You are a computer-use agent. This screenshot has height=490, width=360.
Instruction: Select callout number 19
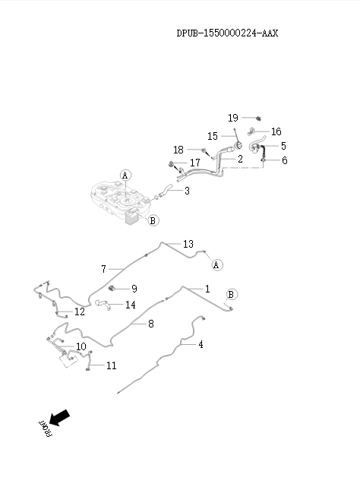coord(233,118)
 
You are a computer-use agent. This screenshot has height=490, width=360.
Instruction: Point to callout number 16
coord(276,131)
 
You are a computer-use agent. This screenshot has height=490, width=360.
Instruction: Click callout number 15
coord(213,136)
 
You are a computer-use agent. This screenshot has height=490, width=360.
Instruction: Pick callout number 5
coord(283,146)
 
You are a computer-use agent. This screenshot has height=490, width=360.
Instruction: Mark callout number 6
coord(285,160)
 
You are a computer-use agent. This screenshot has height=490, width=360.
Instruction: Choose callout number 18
coord(178,150)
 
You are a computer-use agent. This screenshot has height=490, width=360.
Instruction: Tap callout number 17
coord(195,163)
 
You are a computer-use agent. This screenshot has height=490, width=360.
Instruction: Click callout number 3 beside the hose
coord(187,191)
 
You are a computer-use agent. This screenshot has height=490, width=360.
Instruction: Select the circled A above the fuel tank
coord(125,175)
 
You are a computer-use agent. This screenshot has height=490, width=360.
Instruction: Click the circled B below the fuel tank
coord(153,220)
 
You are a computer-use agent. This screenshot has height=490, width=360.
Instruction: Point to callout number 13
coord(188,244)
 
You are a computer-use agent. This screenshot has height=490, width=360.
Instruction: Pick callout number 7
coord(104,269)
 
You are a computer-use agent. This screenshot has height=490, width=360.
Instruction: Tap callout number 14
coord(131,305)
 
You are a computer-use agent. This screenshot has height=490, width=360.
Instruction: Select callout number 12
coord(80,312)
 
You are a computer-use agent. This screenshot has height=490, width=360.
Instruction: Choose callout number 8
coord(150,324)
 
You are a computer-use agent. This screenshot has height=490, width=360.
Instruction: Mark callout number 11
coord(111,365)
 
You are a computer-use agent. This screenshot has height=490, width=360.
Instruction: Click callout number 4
coord(201,344)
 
